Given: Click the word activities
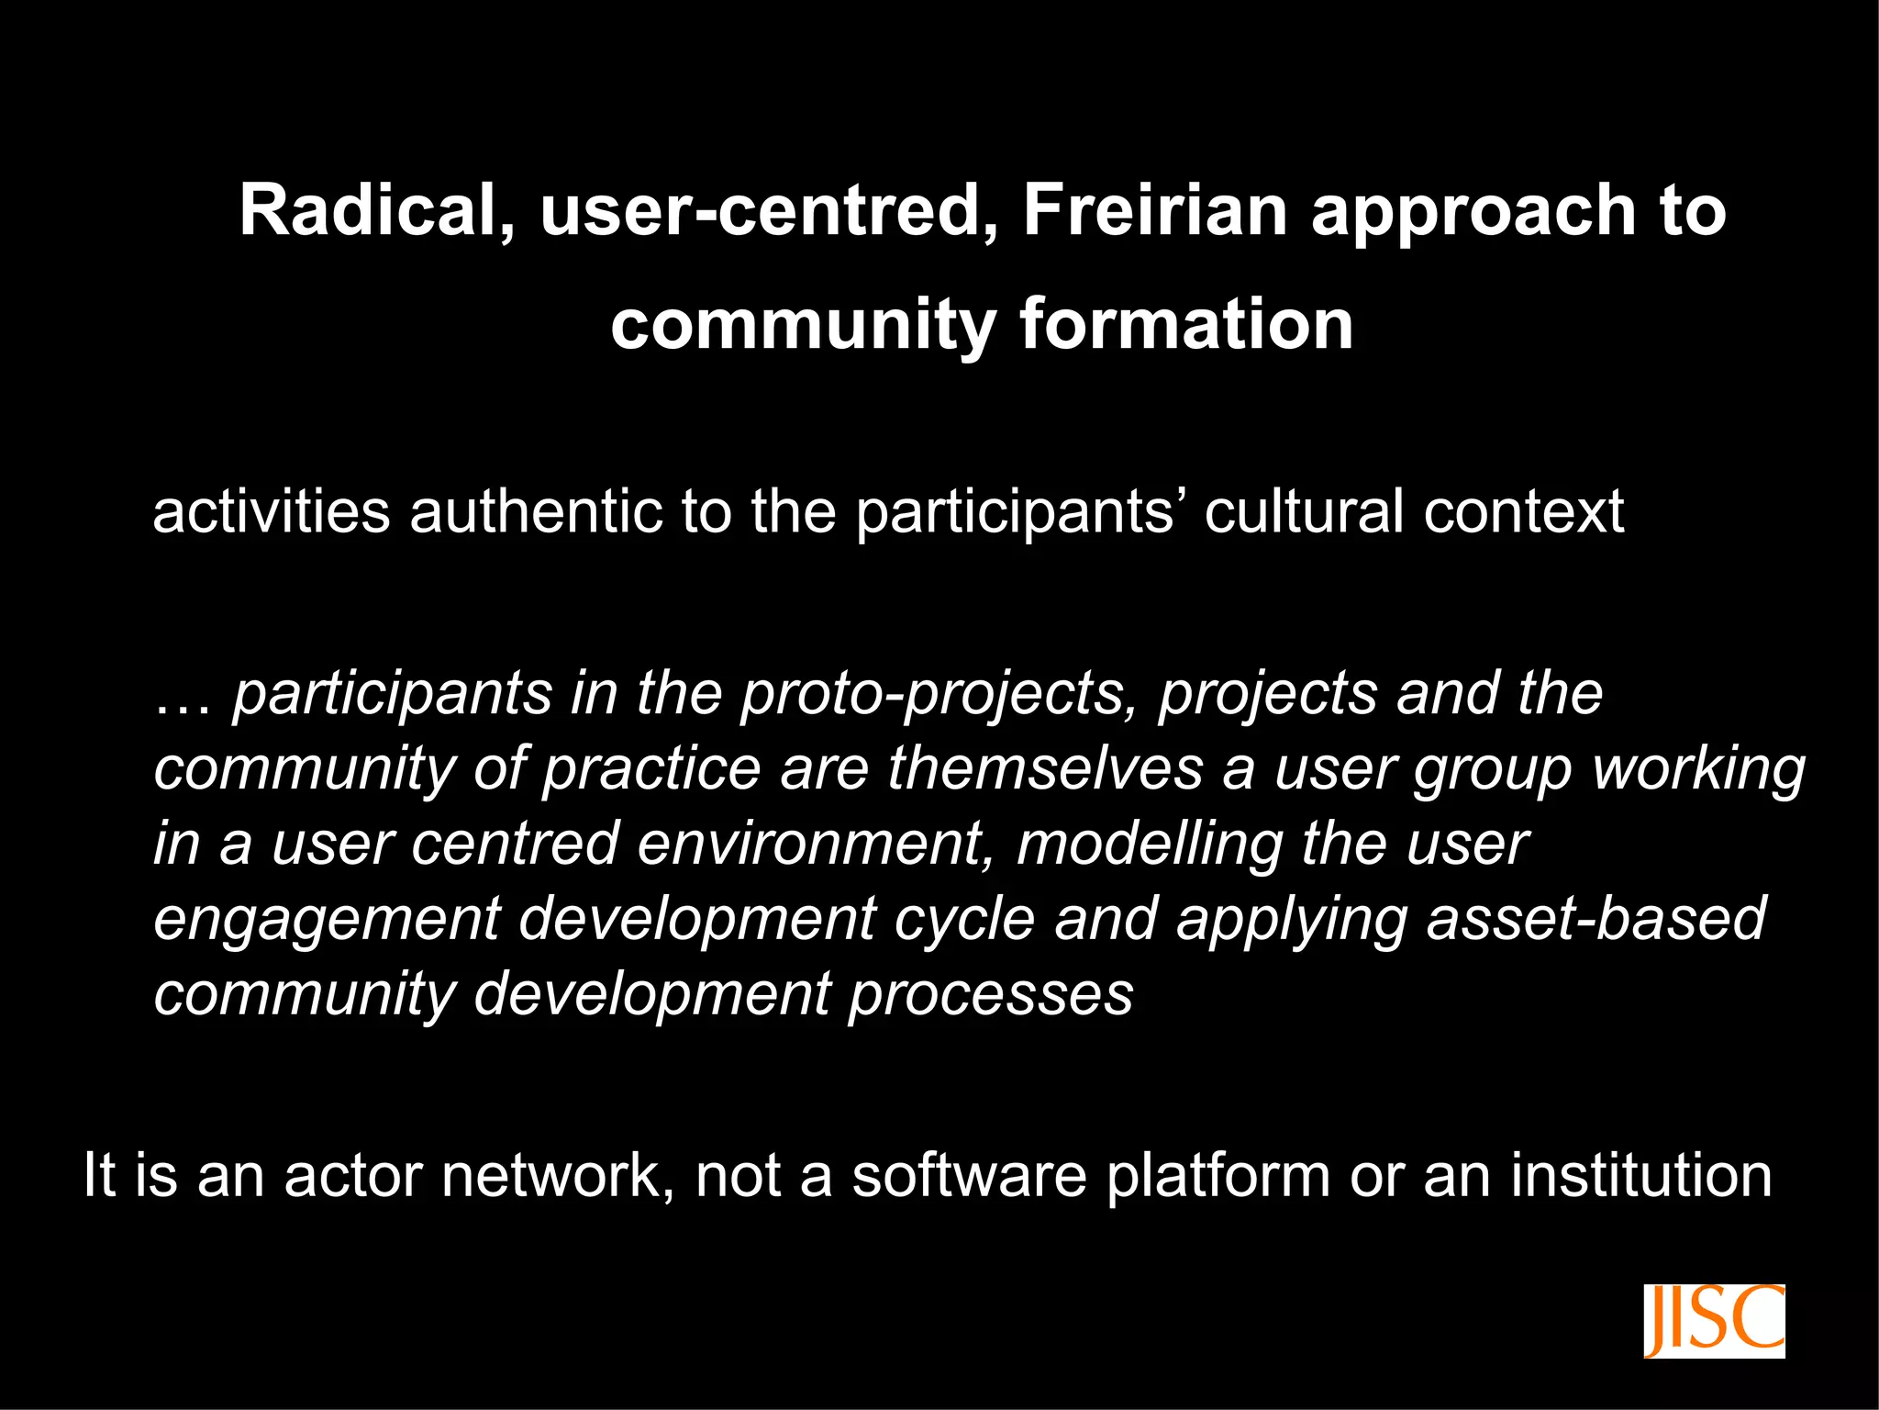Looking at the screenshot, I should click(x=272, y=511).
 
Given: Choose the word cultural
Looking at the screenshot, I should click(x=1303, y=511).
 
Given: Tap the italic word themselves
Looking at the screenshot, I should click(x=1045, y=768).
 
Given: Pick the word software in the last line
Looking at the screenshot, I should click(x=969, y=1175).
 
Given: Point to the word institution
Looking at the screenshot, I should click(x=1641, y=1175).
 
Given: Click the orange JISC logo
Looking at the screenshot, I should click(x=1714, y=1321).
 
